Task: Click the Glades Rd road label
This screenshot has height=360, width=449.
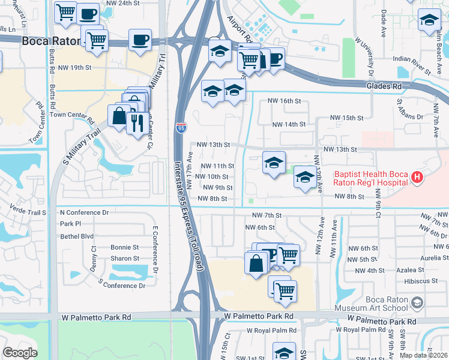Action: [383, 86]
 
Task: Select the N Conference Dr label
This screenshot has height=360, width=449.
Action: [84, 212]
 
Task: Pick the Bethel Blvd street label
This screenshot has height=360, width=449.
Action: [77, 236]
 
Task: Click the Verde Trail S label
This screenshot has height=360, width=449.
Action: [28, 211]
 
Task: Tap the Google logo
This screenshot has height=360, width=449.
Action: [20, 353]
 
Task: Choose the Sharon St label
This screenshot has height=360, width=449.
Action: [125, 259]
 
